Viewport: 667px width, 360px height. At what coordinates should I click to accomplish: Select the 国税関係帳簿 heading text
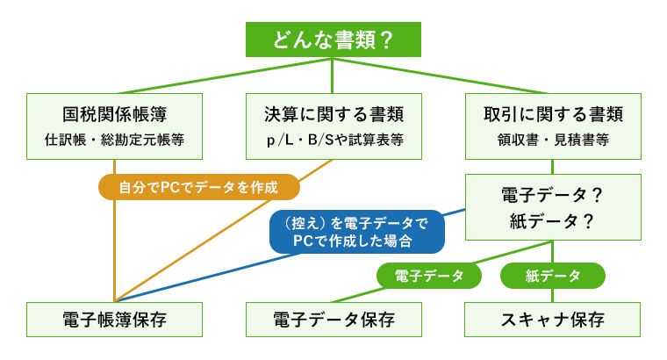click(x=115, y=114)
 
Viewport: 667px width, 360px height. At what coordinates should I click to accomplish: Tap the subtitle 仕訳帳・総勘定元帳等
click(x=115, y=140)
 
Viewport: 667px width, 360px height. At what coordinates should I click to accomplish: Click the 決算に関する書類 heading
click(x=333, y=114)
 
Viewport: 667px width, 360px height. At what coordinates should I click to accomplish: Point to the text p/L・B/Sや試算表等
click(x=333, y=140)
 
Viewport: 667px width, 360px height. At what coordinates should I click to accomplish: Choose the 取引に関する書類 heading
click(x=553, y=114)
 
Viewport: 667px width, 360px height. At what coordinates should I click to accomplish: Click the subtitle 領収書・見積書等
click(x=553, y=140)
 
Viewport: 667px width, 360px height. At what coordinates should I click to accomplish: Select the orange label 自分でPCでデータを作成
click(x=198, y=187)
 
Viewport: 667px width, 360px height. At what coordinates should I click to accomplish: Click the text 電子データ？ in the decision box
click(x=553, y=194)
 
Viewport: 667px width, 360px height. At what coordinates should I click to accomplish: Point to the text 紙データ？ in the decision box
click(x=553, y=221)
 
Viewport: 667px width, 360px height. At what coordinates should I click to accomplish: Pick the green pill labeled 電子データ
click(x=430, y=276)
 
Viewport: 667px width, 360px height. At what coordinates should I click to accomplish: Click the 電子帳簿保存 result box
click(x=115, y=319)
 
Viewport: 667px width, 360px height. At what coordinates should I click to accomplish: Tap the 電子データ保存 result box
click(x=333, y=319)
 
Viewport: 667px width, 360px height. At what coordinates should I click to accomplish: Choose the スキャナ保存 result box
click(x=553, y=319)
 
